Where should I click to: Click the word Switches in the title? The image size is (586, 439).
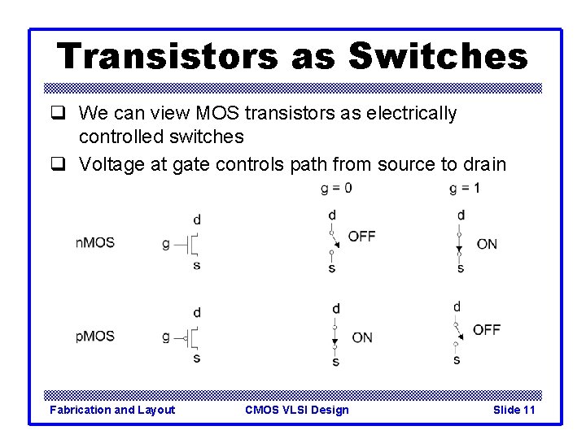(x=438, y=56)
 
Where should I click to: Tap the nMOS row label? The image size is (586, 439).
(x=95, y=243)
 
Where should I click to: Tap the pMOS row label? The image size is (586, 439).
(x=95, y=336)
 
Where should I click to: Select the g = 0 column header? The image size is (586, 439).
(x=337, y=189)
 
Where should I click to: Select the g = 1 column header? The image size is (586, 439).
(x=464, y=189)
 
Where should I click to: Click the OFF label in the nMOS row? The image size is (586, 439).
(x=361, y=236)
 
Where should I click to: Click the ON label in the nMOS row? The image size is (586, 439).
(x=487, y=243)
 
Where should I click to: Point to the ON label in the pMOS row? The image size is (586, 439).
(x=362, y=337)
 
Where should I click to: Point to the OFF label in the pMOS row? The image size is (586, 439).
(x=487, y=329)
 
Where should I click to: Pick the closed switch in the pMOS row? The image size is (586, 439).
(x=336, y=336)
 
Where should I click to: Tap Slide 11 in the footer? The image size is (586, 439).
(x=514, y=410)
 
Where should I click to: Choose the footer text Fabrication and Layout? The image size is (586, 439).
(x=112, y=410)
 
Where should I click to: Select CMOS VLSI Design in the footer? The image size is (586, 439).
(x=296, y=410)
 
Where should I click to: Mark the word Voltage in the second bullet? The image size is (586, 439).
(x=108, y=165)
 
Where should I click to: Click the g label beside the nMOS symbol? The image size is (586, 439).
(x=166, y=243)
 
